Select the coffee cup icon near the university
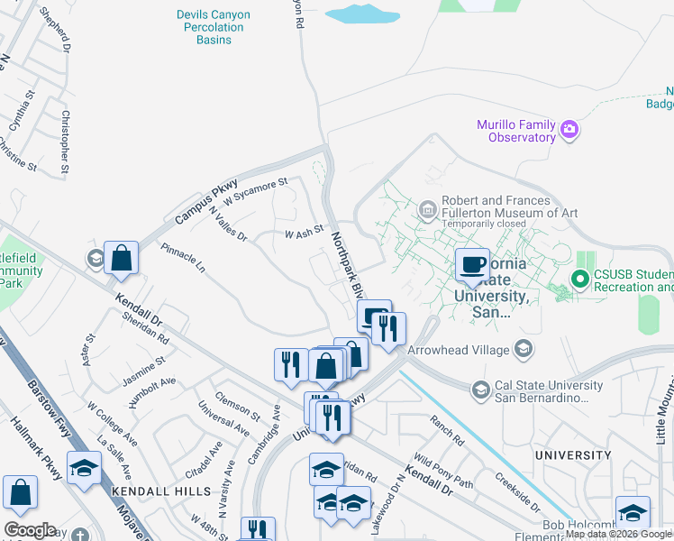[471, 263]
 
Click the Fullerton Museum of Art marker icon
[427, 213]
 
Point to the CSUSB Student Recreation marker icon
[580, 280]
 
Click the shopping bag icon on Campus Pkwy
[121, 259]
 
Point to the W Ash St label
[304, 233]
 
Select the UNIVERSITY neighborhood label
[573, 455]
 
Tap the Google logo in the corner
[30, 530]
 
